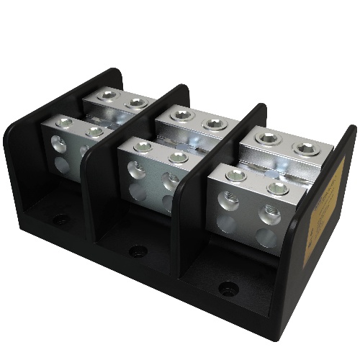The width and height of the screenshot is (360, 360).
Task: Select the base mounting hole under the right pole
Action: [x=228, y=289]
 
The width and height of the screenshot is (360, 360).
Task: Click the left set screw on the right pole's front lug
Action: [x=235, y=176]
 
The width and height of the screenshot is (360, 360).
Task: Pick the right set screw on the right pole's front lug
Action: [x=277, y=188]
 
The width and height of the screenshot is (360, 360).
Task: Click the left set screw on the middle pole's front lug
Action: [x=143, y=146]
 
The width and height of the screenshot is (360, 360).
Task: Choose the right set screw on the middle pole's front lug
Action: [x=178, y=157]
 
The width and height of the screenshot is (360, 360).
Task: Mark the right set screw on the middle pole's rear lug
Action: [x=215, y=124]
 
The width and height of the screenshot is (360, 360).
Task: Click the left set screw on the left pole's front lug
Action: [x=63, y=122]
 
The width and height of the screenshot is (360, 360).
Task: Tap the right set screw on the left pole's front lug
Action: [x=94, y=132]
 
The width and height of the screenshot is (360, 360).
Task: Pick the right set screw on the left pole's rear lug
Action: [x=136, y=103]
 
